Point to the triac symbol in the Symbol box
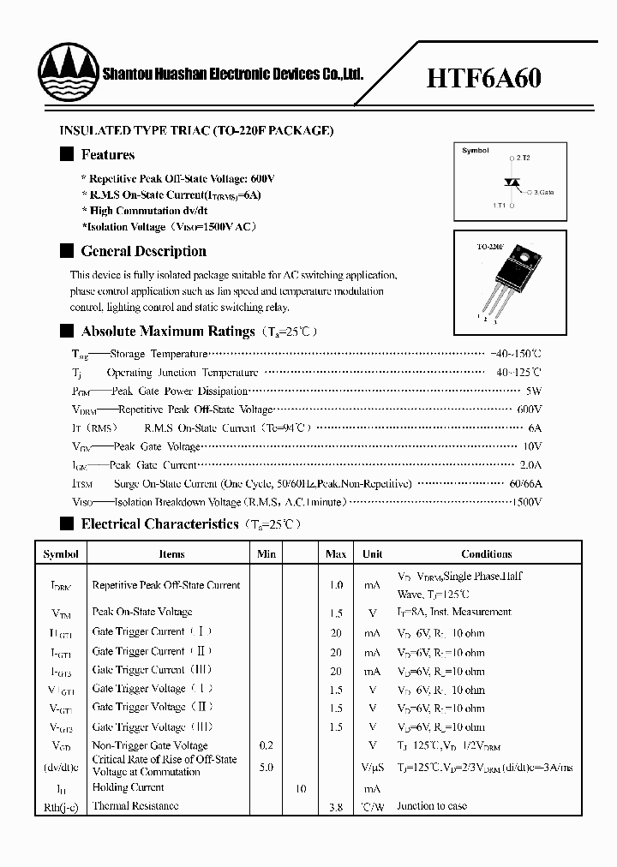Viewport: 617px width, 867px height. coord(512,182)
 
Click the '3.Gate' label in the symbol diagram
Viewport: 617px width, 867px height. coord(542,193)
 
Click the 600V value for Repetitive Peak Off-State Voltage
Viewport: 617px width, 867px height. coord(530,410)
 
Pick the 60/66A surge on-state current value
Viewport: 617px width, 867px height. coord(524,483)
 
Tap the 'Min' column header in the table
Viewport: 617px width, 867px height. coord(267,554)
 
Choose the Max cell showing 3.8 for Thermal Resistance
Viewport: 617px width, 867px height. coord(336,807)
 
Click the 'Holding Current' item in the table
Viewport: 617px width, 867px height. coord(128,787)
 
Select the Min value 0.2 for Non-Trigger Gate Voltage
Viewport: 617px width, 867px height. coord(267,746)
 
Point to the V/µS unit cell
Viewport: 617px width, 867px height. coord(372,768)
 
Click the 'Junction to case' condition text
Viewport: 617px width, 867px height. coord(434,806)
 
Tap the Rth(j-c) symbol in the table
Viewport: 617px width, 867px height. coord(61,806)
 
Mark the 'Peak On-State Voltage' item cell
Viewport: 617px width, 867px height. coord(141,612)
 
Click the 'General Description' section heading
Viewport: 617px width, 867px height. coord(143,251)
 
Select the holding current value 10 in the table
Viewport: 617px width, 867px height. coord(301,788)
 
